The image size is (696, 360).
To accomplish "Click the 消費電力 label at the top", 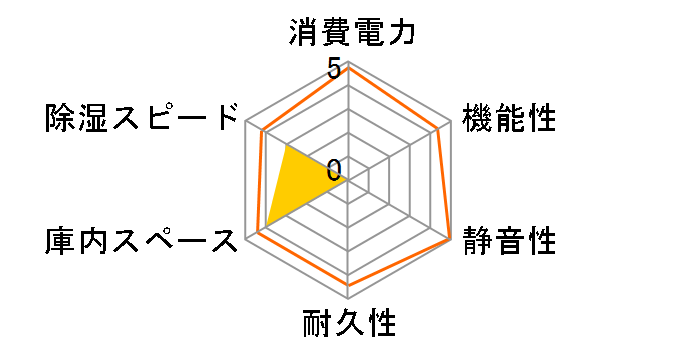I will (348, 34).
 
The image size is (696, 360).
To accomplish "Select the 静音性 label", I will (509, 241).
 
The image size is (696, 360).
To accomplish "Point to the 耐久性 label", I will (348, 325).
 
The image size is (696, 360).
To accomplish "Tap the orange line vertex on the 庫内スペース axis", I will (257, 233).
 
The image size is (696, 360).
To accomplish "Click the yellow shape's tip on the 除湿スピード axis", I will (286, 146).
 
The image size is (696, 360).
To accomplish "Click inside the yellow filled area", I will (295, 185).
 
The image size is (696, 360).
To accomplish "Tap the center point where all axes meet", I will (348, 181).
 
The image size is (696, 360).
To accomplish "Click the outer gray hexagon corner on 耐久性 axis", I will (348, 298).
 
